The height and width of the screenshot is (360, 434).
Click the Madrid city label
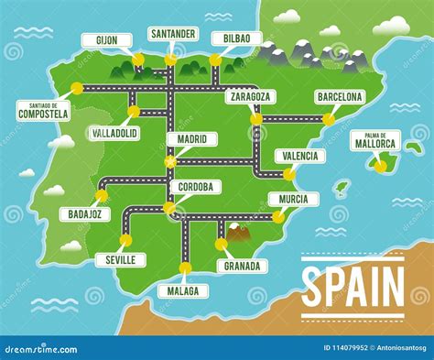point(191,139)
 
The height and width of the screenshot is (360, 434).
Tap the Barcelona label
point(340,96)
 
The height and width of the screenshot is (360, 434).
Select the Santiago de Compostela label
point(43,111)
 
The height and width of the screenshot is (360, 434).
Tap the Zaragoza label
point(250,96)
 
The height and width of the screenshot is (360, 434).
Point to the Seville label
point(120,259)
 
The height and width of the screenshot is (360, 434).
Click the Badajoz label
point(85,214)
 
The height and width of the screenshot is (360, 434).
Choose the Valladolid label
point(116,133)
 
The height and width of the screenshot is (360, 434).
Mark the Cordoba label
point(194,187)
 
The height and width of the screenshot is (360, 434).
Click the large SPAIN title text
point(353,287)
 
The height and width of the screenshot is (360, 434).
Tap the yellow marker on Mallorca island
point(380,166)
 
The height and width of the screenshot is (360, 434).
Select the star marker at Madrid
point(169,162)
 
